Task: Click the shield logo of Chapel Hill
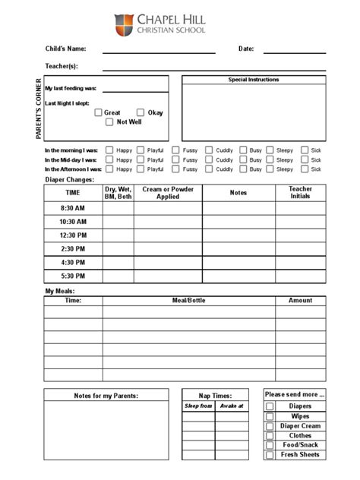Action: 124,25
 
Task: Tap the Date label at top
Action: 246,49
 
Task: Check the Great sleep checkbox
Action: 98,112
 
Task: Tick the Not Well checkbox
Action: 109,122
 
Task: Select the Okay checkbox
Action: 141,112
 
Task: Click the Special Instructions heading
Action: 254,80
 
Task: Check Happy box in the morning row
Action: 109,150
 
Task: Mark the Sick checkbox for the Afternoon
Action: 305,169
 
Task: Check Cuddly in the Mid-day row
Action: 209,160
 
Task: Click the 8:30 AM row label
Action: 73,208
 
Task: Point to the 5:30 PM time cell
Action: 73,276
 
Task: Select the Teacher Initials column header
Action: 300,192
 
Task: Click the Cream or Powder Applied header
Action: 168,193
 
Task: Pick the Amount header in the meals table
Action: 300,301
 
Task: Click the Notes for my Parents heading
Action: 106,396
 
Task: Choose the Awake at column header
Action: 232,406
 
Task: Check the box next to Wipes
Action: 270,416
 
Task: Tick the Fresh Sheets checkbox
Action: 270,455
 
